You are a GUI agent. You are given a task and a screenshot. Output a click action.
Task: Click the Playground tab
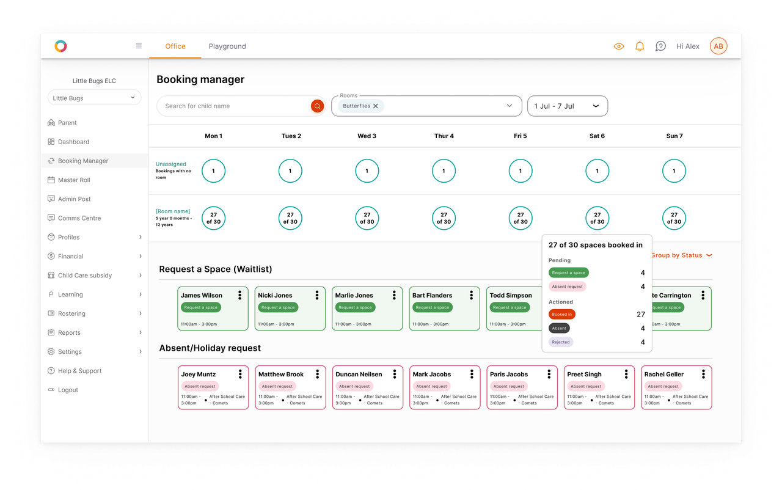227,46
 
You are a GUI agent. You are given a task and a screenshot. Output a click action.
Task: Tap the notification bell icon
639,46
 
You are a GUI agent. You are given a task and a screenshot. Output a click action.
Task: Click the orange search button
317,106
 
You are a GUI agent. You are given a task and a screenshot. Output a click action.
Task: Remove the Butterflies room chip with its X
376,106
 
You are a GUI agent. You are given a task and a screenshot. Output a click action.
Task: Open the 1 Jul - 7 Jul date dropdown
568,106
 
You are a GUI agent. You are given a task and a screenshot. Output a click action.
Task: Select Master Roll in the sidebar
74,180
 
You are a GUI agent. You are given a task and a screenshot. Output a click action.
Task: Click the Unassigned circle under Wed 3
367,171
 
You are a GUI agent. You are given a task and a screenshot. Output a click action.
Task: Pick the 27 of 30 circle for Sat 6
597,218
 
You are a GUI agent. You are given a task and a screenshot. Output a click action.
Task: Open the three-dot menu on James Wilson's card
240,295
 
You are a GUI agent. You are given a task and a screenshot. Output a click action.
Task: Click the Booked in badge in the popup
561,315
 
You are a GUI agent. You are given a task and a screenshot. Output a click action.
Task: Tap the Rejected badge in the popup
561,342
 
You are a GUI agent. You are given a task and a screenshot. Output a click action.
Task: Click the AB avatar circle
718,46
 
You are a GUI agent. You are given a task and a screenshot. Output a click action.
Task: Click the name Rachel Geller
663,374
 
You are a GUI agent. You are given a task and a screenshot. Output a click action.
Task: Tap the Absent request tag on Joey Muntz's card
200,386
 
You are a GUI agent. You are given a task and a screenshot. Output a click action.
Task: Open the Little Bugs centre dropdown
94,98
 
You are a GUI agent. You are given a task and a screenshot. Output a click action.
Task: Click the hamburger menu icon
139,46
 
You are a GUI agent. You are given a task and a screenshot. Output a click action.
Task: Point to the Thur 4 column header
444,136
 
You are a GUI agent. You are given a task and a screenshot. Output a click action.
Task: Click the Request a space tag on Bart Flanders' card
432,307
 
